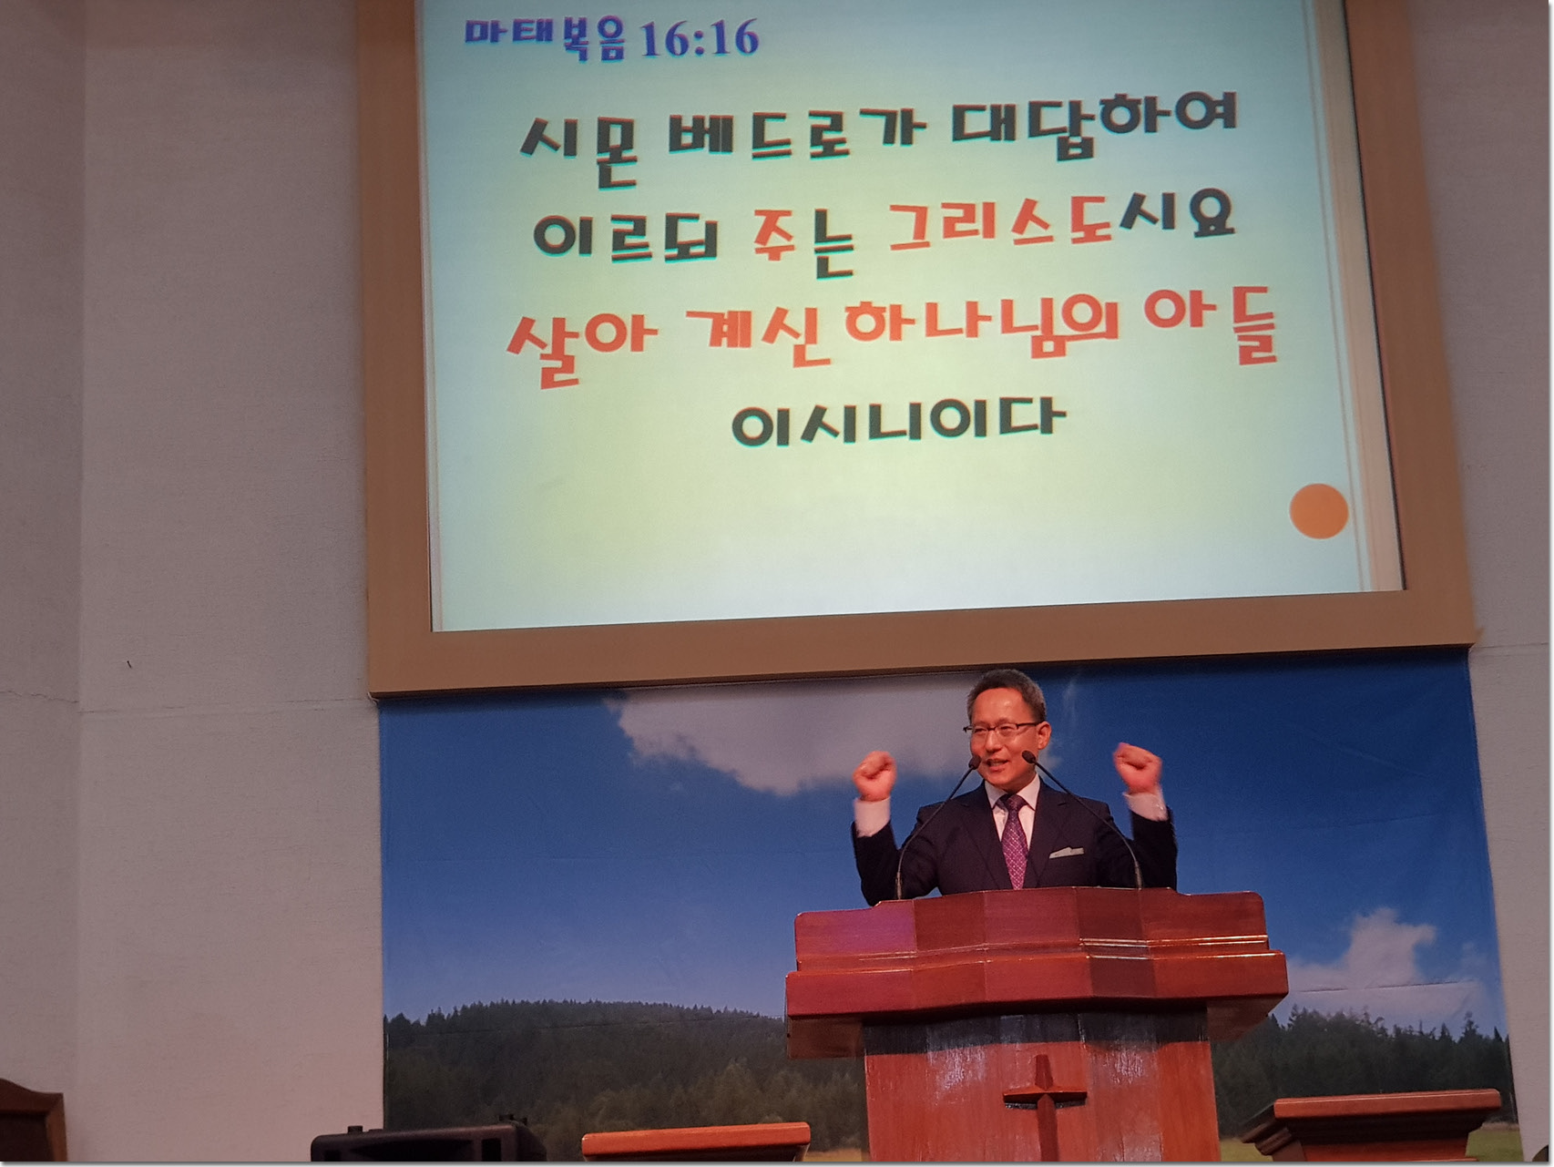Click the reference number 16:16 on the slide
[x=699, y=39]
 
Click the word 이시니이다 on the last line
[x=897, y=424]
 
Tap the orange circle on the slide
[x=1318, y=511]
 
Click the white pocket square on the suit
[x=1065, y=853]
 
